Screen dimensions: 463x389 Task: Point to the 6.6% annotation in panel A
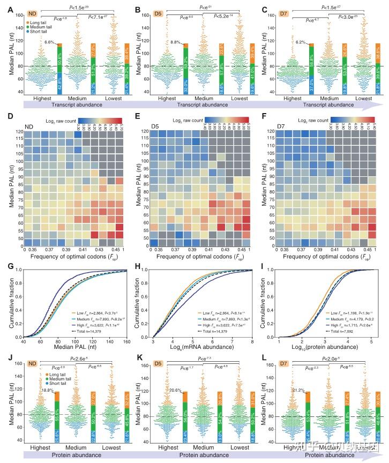(50, 42)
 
